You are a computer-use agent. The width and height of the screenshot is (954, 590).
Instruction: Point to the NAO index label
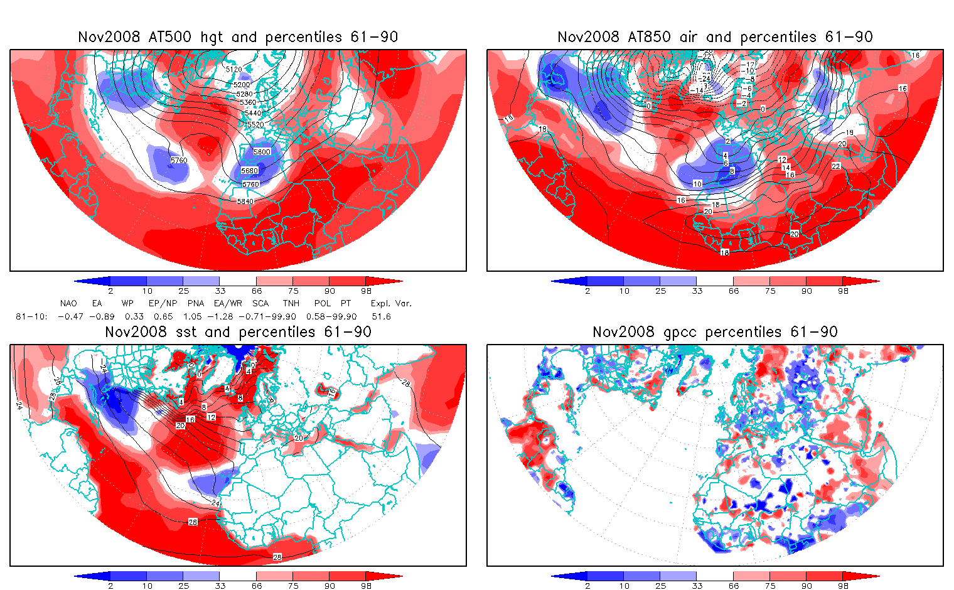(68, 303)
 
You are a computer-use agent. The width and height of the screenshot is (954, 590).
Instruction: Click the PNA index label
(195, 303)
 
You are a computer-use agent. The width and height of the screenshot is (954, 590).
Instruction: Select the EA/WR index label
(228, 303)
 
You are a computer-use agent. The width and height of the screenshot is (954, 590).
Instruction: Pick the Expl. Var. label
(391, 303)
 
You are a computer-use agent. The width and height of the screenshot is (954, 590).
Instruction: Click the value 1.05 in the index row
(191, 317)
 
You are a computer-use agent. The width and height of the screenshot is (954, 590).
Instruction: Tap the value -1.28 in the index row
(224, 317)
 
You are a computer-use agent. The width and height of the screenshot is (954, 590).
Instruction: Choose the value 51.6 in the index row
(381, 317)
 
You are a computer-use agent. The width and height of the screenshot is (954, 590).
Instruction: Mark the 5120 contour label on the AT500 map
(233, 70)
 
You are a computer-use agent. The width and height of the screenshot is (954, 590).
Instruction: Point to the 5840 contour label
(245, 201)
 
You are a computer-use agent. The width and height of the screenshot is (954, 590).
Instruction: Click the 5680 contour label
(249, 171)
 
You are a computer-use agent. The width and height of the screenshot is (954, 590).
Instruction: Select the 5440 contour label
(253, 113)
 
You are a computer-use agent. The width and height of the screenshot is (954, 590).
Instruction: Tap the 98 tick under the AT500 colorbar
(366, 291)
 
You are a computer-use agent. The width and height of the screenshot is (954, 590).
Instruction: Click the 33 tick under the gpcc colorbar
(697, 586)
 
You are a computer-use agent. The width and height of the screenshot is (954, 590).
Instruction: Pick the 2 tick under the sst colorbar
(110, 586)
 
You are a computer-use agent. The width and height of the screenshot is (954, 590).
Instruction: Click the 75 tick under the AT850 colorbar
(770, 291)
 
